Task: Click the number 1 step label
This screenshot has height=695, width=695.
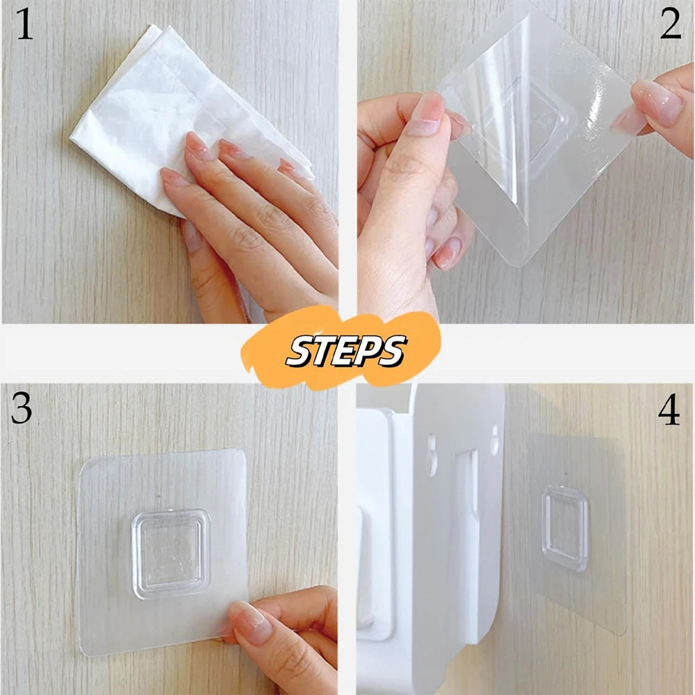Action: (24, 26)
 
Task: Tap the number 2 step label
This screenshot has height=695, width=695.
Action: (670, 26)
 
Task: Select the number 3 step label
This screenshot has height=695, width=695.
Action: (22, 410)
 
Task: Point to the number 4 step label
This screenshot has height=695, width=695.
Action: (669, 411)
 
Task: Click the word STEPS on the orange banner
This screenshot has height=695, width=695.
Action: (345, 350)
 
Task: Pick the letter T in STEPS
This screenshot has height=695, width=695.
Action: (320, 351)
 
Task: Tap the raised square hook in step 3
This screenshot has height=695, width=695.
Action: (170, 553)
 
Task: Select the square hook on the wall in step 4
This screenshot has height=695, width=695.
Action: (564, 528)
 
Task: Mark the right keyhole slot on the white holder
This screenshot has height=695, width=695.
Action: (494, 438)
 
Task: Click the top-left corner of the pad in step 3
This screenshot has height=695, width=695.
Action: (85, 462)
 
